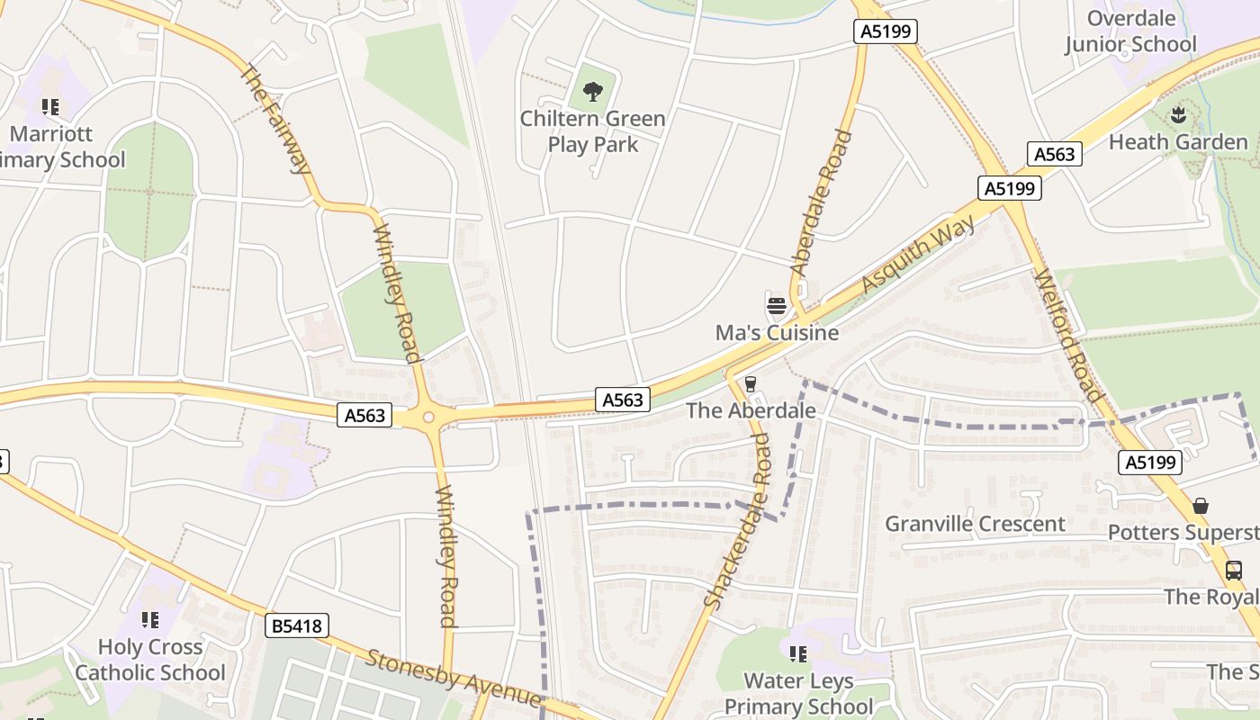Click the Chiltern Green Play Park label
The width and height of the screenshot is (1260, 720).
pos(592,131)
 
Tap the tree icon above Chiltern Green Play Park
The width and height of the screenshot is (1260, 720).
pos(592,91)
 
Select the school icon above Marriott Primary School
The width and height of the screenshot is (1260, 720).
pos(50,107)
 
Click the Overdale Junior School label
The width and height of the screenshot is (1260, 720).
pos(1130,31)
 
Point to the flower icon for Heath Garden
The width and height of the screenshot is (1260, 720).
pos(1177,114)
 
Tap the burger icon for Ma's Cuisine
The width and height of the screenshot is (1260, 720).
pos(777,306)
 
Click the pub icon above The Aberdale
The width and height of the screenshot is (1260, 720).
pos(751,384)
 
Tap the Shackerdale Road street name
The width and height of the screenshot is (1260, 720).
pos(737,520)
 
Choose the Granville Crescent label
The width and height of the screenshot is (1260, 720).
pos(975,524)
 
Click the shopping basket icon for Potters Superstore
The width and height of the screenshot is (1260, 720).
pos(1200,506)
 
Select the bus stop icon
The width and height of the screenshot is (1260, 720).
pos(1233,570)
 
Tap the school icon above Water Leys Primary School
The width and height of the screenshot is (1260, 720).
pos(797,653)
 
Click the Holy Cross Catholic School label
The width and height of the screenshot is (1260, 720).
pos(150,660)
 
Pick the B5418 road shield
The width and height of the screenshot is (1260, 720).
pos(297,625)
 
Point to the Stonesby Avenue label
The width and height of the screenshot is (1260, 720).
pos(453,677)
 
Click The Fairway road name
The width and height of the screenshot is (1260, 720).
pos(275,119)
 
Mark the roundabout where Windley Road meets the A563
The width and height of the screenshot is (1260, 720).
pos(427,417)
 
